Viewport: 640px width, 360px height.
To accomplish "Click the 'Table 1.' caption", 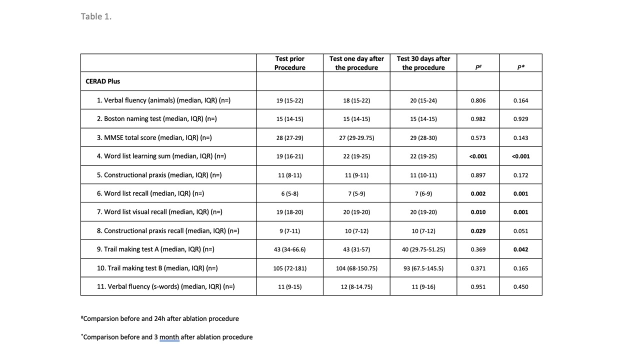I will [x=96, y=16].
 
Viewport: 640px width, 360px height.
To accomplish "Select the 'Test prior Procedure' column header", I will [x=289, y=63].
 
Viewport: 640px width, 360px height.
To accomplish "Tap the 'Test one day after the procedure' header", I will [x=356, y=63].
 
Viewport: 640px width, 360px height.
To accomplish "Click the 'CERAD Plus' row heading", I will [x=103, y=81].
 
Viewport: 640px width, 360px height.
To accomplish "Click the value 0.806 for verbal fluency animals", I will [x=478, y=100].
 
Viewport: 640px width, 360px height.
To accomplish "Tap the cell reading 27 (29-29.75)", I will [x=356, y=138].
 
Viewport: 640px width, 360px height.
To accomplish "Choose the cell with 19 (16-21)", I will [x=289, y=156].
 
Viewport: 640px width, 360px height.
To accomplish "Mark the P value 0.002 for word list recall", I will [x=478, y=193].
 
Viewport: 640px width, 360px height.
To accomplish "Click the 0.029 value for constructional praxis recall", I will [x=478, y=231].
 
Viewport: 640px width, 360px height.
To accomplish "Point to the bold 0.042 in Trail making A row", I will [x=520, y=249].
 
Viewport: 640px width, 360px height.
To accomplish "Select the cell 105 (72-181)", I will [x=289, y=268].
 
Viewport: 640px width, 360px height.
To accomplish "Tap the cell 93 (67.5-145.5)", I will [x=423, y=268].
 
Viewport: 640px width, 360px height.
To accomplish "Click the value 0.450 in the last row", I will [x=520, y=287].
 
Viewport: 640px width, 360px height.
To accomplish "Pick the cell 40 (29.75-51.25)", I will [x=423, y=249].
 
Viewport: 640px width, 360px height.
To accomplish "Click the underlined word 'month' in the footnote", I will [x=169, y=337].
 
